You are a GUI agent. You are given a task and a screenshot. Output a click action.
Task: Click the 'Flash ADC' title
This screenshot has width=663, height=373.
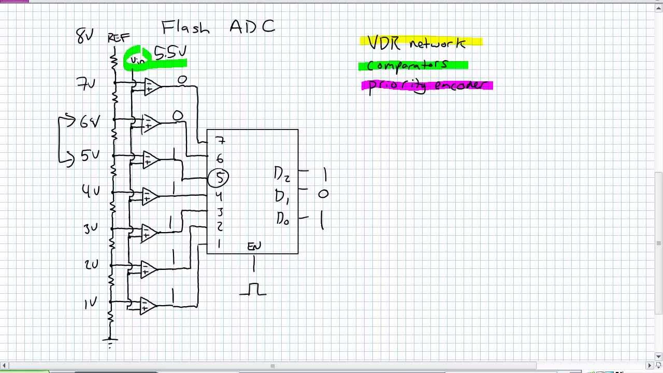218,27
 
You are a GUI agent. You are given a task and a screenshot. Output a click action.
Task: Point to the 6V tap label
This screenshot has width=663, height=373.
89,122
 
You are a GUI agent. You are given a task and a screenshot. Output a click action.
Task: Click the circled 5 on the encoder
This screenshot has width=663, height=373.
219,178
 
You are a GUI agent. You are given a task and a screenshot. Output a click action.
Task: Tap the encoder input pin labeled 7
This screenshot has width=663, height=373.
220,141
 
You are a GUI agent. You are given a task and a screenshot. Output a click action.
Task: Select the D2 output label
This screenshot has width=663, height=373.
282,174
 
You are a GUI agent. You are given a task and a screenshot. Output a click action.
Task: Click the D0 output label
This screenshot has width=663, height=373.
282,219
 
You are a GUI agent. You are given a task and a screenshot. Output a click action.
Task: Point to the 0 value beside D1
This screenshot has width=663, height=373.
323,194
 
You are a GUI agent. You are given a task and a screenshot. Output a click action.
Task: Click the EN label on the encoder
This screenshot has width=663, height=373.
254,246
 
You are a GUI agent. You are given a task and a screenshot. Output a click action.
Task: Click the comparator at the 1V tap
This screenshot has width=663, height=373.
148,306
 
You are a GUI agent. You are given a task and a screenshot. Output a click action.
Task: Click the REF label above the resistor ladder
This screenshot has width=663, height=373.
119,38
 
